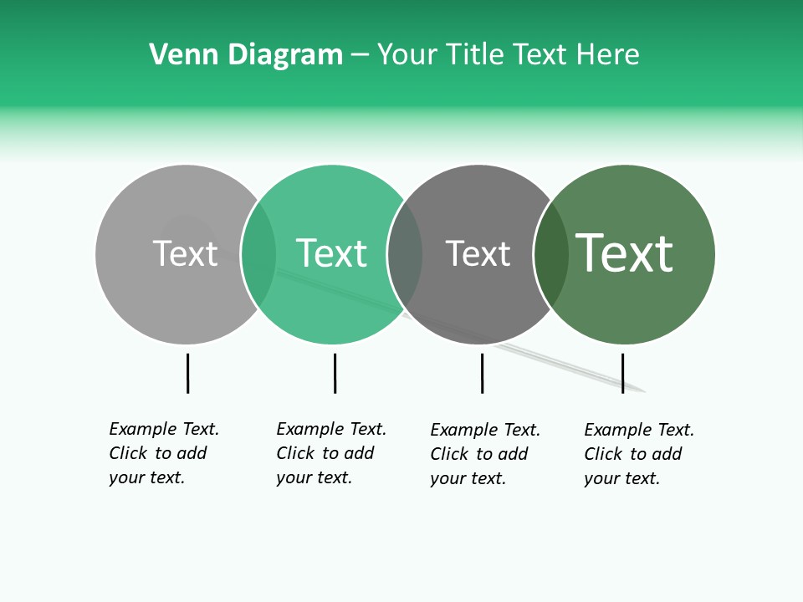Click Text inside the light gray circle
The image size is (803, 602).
pos(185,253)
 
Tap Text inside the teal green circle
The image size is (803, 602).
pos(331,253)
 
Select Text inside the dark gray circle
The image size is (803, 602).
pos(478,253)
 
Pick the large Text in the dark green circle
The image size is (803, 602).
pos(624,253)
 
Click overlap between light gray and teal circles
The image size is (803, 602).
pos(258,254)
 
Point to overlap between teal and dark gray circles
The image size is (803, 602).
pos(405,254)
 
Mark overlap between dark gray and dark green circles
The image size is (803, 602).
pos(551,254)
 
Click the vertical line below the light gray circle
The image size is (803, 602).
pos(187,373)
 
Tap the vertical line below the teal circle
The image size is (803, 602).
pos(335,373)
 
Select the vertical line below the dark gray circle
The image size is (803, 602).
pos(482,373)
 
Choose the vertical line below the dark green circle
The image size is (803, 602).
pos(622,373)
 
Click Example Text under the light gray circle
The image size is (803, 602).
pos(164,429)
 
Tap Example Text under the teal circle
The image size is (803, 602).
pos(331,429)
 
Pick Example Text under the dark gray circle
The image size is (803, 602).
pos(485,430)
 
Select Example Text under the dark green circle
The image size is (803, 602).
pos(639,430)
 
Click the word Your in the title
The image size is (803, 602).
pos(407,54)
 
